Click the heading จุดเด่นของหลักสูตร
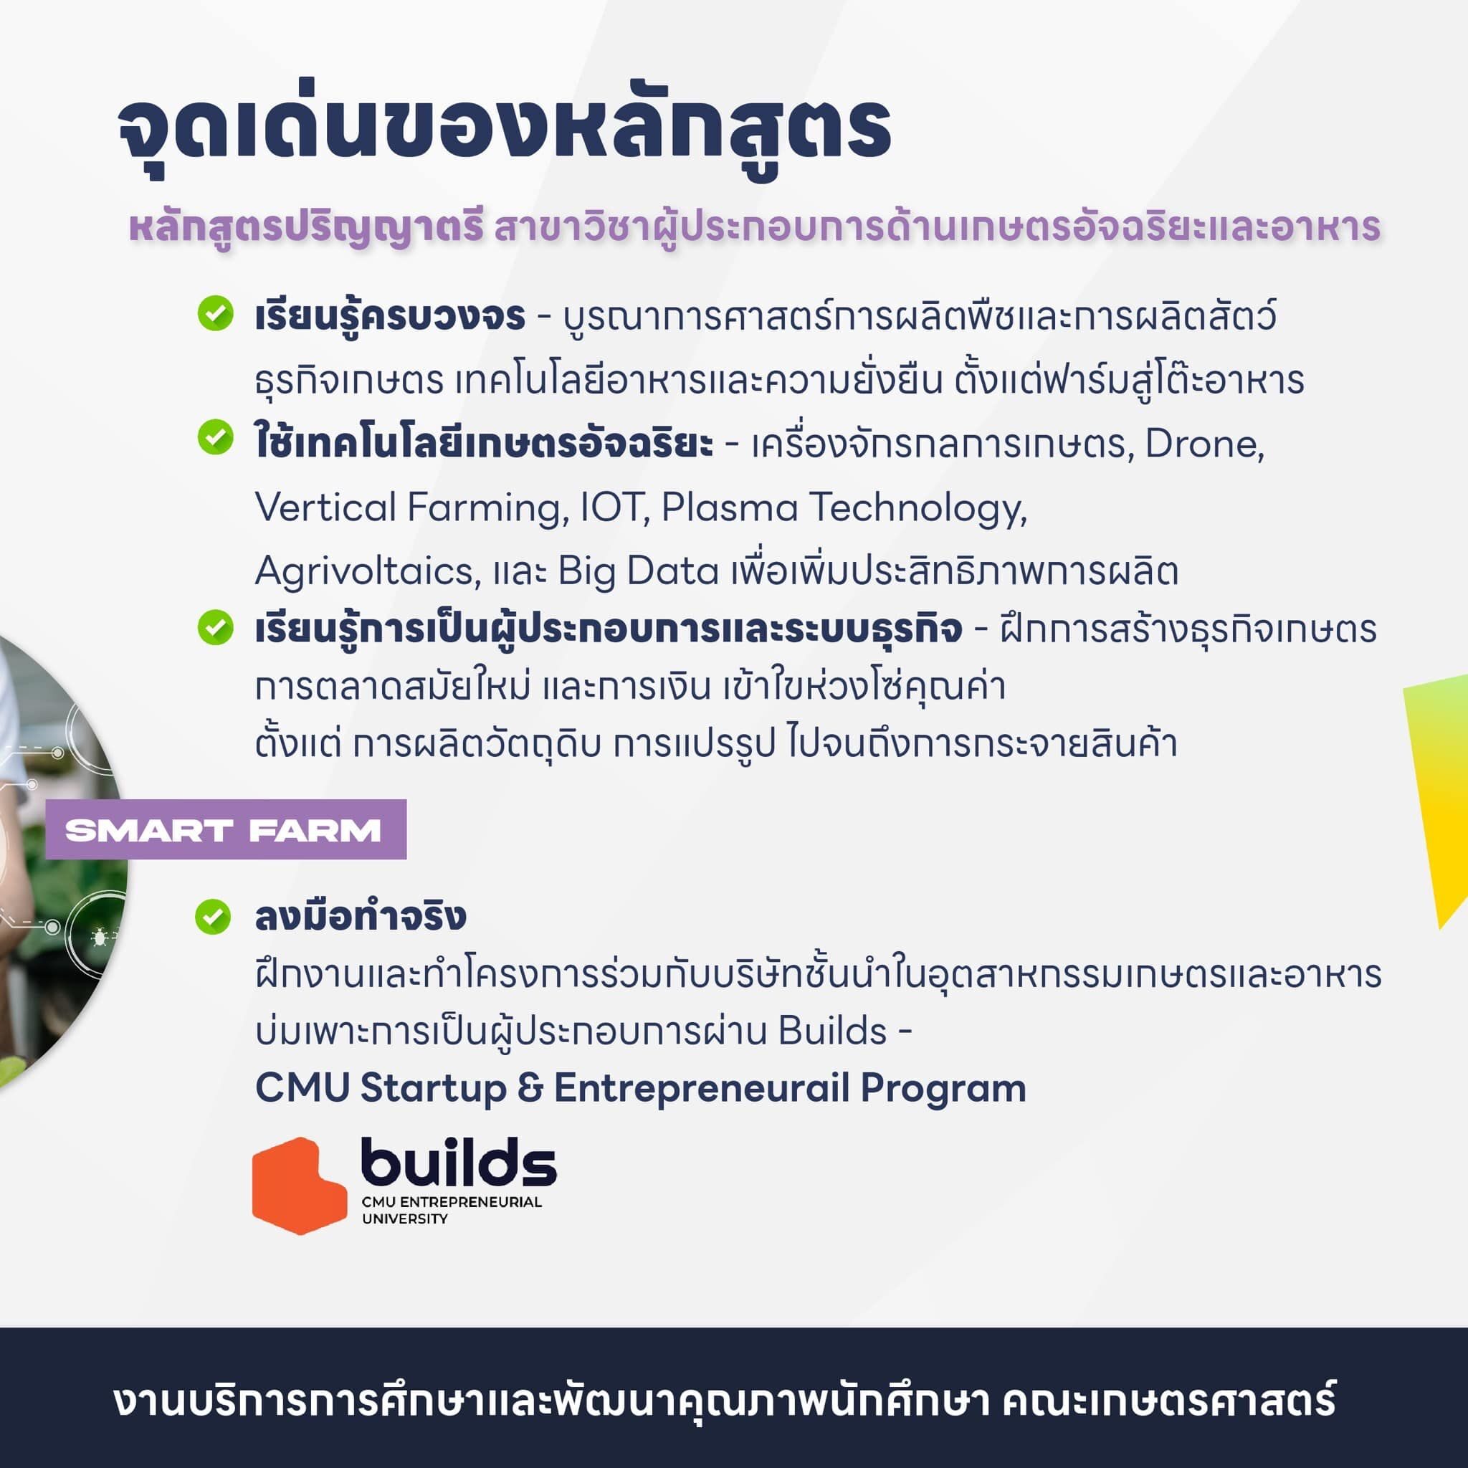point(503,129)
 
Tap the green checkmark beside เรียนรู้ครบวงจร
point(215,313)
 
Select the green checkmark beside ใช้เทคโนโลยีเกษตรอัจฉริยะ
point(215,438)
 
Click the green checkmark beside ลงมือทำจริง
point(213,916)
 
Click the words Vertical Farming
point(410,507)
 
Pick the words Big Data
point(638,571)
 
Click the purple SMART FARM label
point(225,830)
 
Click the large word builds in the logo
point(458,1163)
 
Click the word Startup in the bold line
point(433,1088)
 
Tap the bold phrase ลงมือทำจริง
point(360,916)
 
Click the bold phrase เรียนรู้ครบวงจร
point(390,316)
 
